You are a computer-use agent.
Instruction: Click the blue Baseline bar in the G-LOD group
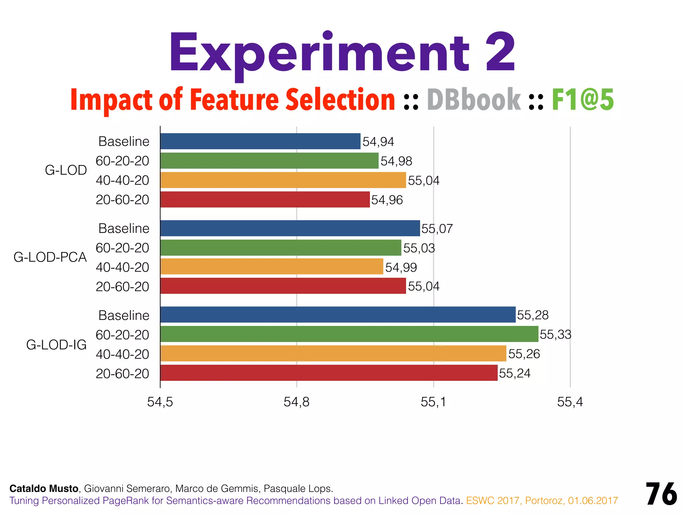coord(260,141)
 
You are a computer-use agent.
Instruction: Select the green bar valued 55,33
coord(349,334)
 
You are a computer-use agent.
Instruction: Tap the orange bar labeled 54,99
coord(272,267)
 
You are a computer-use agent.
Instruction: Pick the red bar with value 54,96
coord(265,199)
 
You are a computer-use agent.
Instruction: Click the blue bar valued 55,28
coord(338,315)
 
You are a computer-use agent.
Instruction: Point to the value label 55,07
coord(437,229)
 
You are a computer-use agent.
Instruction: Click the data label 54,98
coord(396,161)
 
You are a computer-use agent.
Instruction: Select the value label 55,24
coord(514,373)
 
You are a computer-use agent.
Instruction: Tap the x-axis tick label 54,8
coord(296,402)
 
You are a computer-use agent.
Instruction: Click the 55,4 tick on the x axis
coord(570,402)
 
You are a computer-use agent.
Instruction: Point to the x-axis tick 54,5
coord(160,402)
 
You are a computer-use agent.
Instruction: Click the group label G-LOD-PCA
coord(50,257)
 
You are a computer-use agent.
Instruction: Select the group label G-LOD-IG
coord(56,345)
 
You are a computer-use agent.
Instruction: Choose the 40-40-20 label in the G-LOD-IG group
coord(122,354)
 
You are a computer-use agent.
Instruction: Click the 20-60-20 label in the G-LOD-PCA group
coord(122,287)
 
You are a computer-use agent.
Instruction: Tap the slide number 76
coord(661,494)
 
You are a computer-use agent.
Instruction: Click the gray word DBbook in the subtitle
coord(474,99)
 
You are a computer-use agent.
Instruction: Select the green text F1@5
coord(583,99)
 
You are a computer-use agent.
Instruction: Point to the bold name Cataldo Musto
coord(44,489)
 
